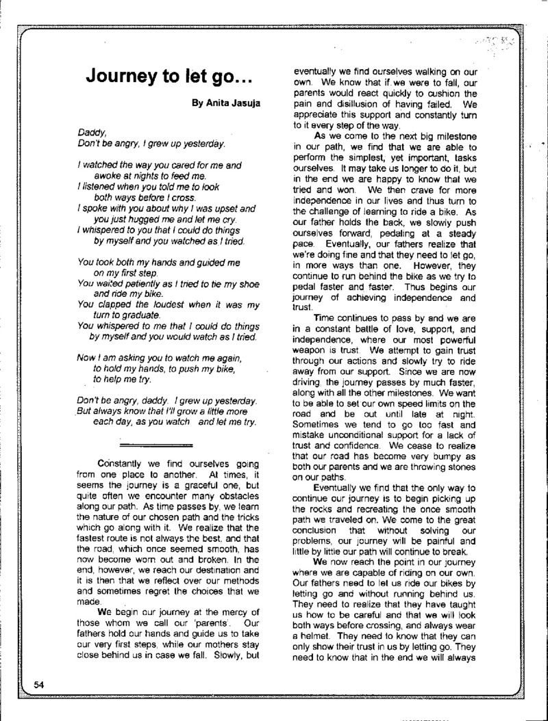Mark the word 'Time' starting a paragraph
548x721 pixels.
pyautogui.click(x=325, y=317)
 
